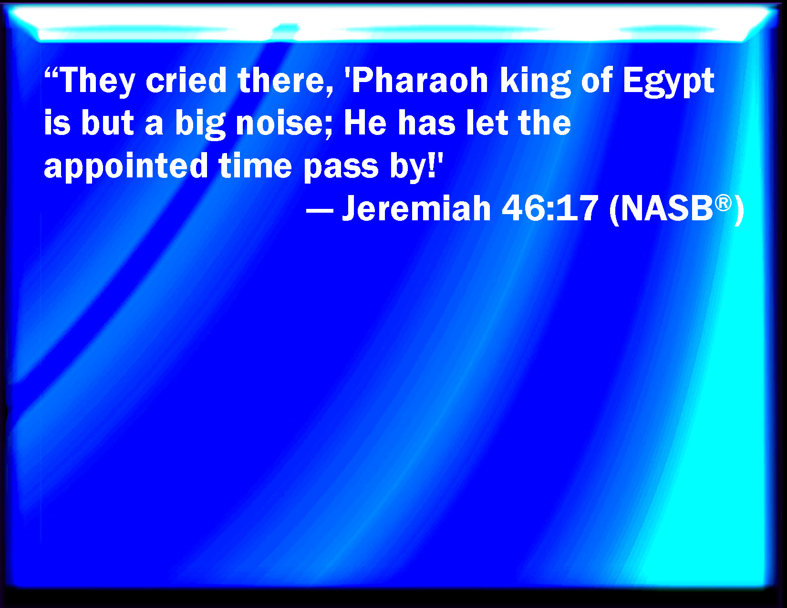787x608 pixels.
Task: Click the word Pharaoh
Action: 421,81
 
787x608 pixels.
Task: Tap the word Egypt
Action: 668,82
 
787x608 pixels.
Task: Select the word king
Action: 535,82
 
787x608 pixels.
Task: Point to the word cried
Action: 186,81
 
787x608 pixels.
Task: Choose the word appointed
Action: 125,168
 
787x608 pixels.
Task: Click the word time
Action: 255,166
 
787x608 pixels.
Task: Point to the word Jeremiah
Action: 416,208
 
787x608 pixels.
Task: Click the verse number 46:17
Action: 550,208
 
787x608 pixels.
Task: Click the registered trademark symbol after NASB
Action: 723,203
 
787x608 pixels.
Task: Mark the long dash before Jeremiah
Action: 320,211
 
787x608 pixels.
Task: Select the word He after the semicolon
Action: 365,124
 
